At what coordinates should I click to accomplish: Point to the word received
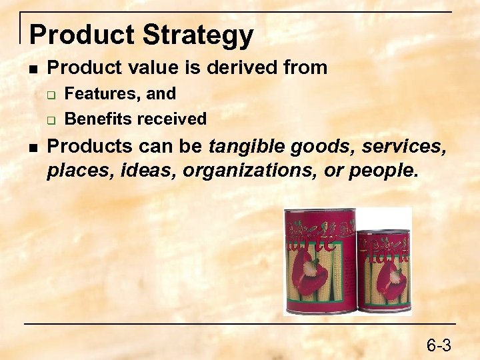(175, 119)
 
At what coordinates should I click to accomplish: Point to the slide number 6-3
(439, 345)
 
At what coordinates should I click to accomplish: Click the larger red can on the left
(319, 261)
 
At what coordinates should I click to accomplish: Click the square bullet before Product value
(33, 68)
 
